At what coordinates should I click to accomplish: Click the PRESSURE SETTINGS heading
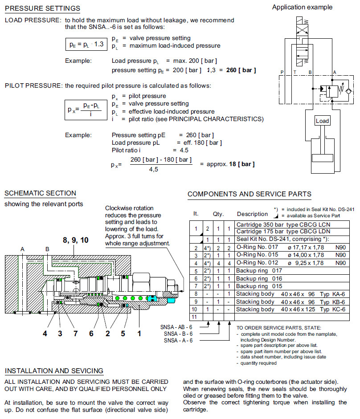(x=42, y=8)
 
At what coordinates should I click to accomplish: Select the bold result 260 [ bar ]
(x=241, y=70)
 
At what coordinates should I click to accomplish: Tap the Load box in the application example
(x=322, y=121)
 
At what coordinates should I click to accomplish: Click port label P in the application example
(x=282, y=72)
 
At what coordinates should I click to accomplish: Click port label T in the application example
(x=295, y=72)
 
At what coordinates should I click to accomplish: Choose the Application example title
(x=302, y=7)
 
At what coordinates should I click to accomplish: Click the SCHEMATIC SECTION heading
(x=40, y=193)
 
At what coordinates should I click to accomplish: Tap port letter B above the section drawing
(x=47, y=249)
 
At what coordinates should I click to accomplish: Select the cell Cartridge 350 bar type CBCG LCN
(x=283, y=224)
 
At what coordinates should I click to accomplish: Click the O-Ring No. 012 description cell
(x=257, y=263)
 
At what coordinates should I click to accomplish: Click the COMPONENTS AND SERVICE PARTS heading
(x=249, y=194)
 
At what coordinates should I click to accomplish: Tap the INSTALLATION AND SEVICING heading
(x=54, y=370)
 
